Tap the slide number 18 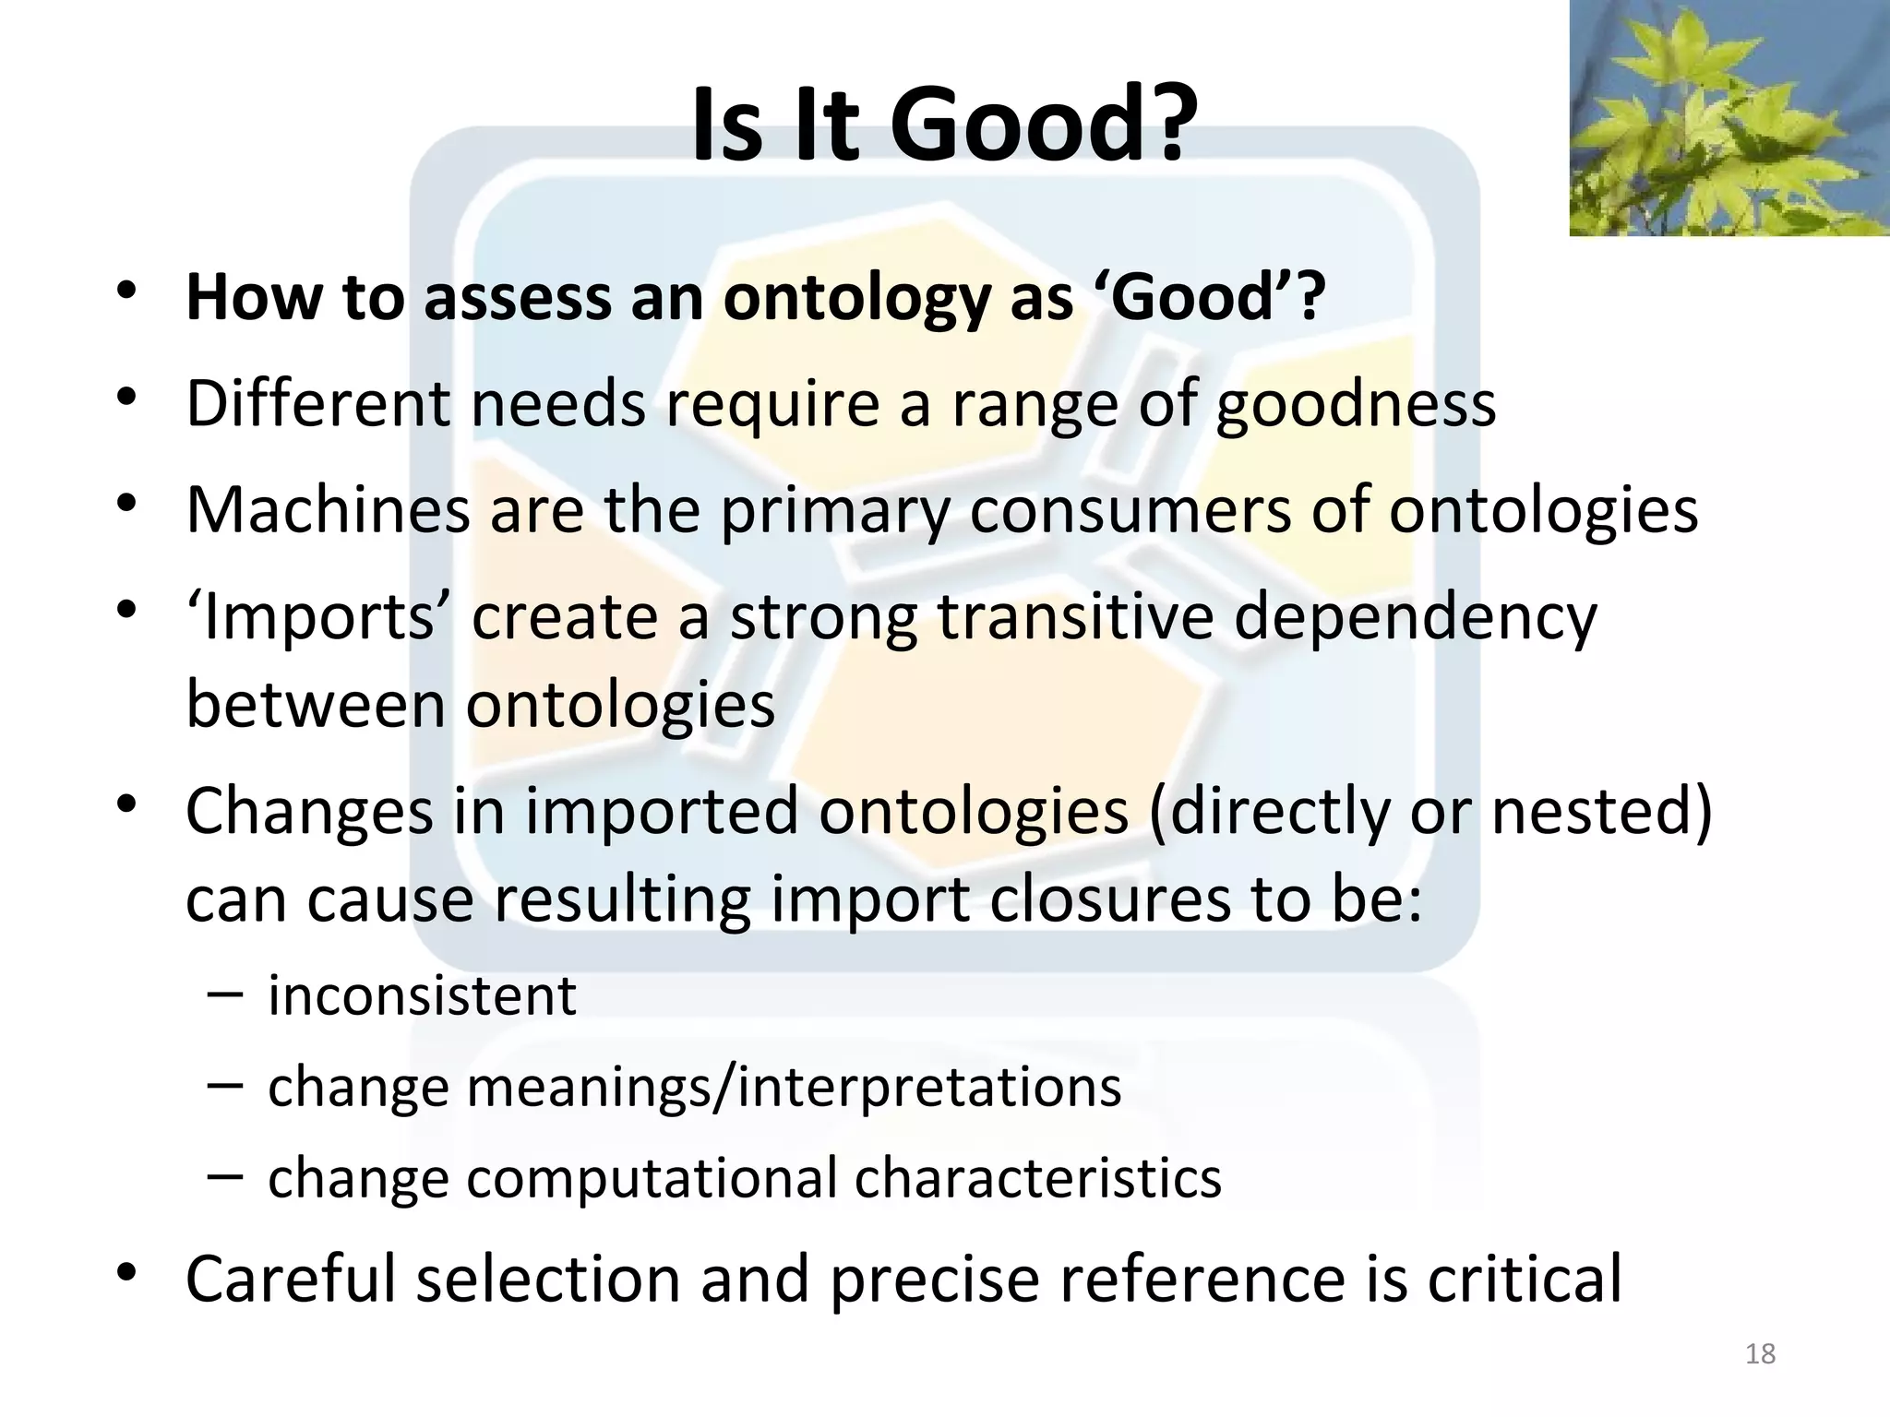coord(1761,1353)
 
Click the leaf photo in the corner coord(1729,118)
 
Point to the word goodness coord(1355,406)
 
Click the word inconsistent coord(422,996)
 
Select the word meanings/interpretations coord(794,1087)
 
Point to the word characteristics coord(1037,1178)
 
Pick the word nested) coord(1601,812)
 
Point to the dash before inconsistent coord(225,994)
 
